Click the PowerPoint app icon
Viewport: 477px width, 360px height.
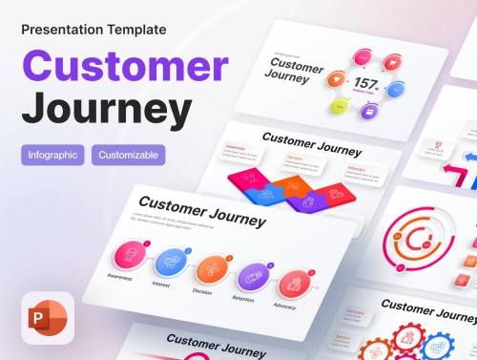click(47, 316)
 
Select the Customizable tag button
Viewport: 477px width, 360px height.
click(129, 155)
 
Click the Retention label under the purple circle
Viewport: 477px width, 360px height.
click(244, 299)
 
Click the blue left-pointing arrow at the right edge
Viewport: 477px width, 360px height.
click(469, 156)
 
